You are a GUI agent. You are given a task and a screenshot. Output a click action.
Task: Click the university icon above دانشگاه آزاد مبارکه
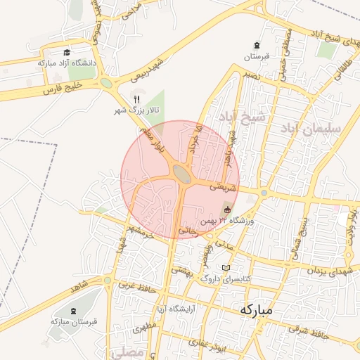(x=67, y=53)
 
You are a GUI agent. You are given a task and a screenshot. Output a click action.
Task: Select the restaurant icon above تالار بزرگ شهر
(x=138, y=100)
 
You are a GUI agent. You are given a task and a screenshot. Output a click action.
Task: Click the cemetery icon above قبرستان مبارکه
(x=75, y=310)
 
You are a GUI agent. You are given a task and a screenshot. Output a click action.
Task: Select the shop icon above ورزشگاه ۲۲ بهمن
(x=226, y=210)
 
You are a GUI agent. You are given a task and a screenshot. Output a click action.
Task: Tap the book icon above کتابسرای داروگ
(x=226, y=268)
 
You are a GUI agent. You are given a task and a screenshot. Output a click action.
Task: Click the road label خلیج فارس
(x=63, y=88)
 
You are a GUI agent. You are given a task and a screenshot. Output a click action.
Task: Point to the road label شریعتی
(x=215, y=188)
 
